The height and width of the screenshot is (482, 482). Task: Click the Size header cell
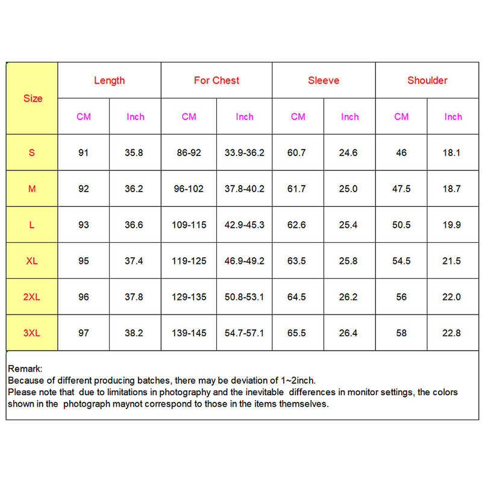pyautogui.click(x=33, y=98)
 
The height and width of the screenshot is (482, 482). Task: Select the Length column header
pyautogui.click(x=109, y=80)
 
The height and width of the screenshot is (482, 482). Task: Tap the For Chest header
pyautogui.click(x=216, y=80)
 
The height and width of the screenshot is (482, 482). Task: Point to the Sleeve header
pyautogui.click(x=324, y=80)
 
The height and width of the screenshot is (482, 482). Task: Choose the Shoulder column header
pyautogui.click(x=427, y=80)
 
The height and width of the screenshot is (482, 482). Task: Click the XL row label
pyautogui.click(x=32, y=261)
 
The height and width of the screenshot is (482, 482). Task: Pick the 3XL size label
pyautogui.click(x=32, y=333)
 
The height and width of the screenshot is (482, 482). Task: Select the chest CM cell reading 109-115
pyautogui.click(x=189, y=225)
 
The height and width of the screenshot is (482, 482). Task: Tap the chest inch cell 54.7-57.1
pyautogui.click(x=244, y=333)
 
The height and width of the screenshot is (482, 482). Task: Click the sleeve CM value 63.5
pyautogui.click(x=298, y=261)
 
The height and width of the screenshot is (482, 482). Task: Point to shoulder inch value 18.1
pyautogui.click(x=453, y=152)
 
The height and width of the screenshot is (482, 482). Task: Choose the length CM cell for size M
pyautogui.click(x=83, y=189)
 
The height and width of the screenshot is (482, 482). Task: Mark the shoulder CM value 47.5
pyautogui.click(x=401, y=189)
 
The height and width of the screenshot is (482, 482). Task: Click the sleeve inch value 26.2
pyautogui.click(x=349, y=297)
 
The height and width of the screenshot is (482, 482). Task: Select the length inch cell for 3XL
pyautogui.click(x=135, y=333)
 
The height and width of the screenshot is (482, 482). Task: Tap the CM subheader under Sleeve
pyautogui.click(x=298, y=117)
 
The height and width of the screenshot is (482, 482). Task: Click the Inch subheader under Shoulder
pyautogui.click(x=453, y=117)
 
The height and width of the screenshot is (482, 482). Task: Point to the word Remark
pyautogui.click(x=25, y=369)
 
